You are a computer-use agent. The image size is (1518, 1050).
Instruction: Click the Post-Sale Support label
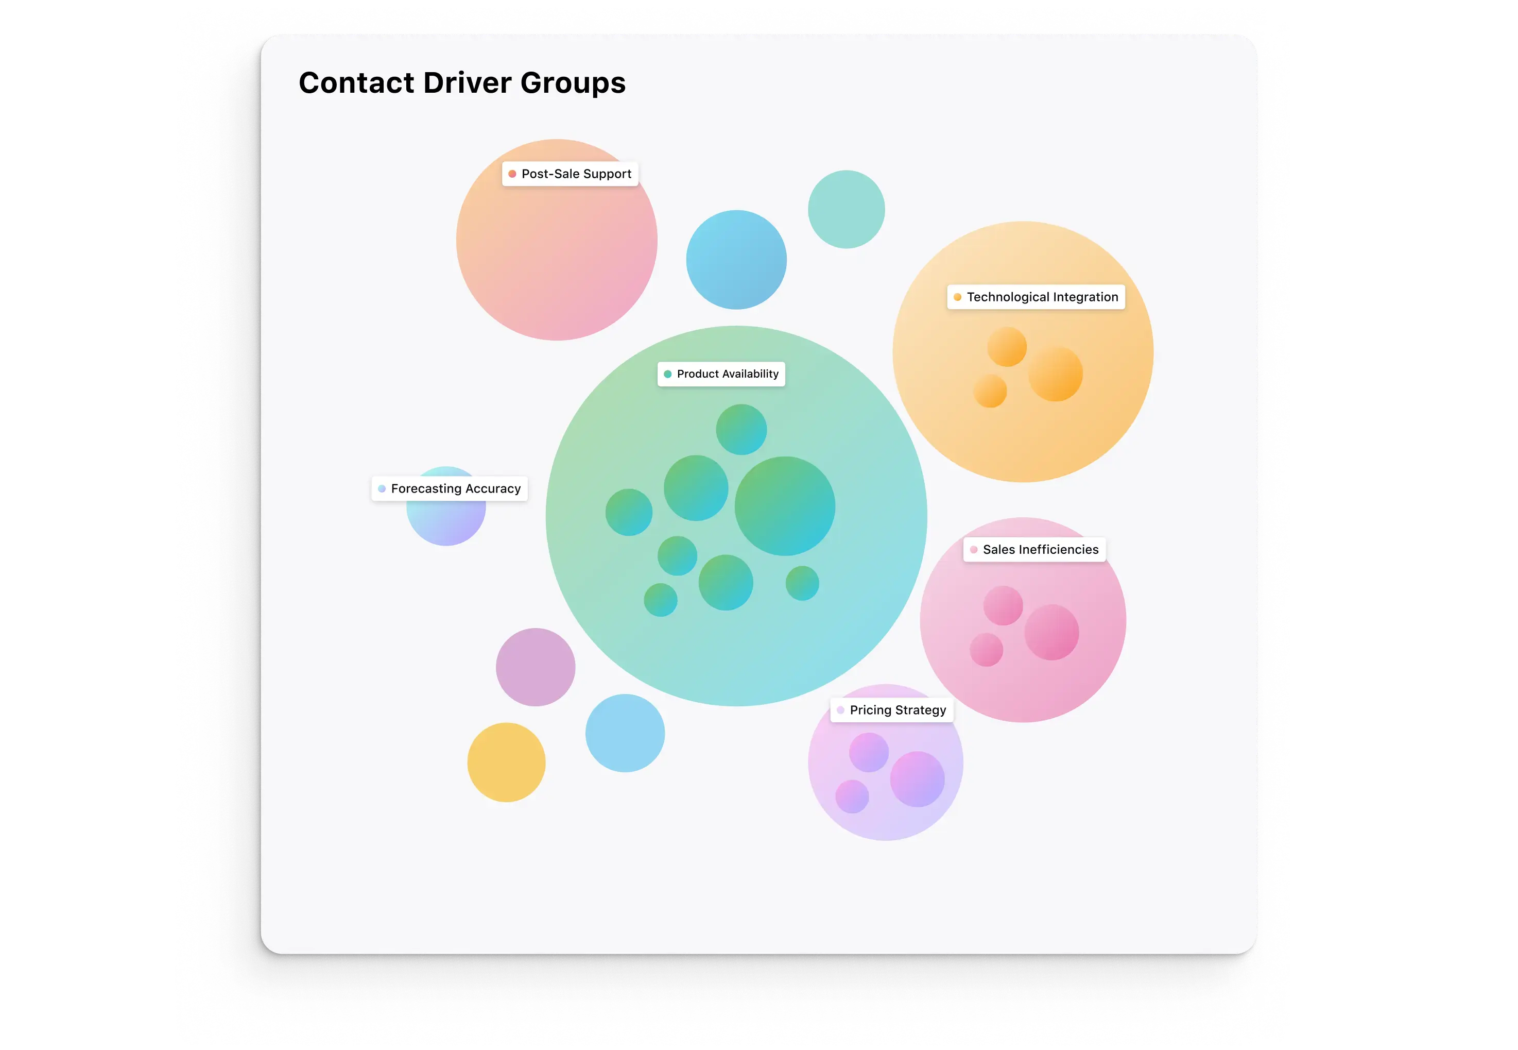pyautogui.click(x=570, y=174)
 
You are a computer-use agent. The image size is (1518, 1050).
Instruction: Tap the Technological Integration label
pyautogui.click(x=1036, y=297)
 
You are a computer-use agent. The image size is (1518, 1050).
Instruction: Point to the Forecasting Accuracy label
pyautogui.click(x=449, y=488)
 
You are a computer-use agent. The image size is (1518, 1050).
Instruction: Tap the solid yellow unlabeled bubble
pyautogui.click(x=506, y=762)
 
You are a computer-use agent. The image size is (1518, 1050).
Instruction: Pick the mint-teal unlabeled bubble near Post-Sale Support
pyautogui.click(x=846, y=209)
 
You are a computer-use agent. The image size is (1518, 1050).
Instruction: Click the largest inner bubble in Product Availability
pyautogui.click(x=784, y=506)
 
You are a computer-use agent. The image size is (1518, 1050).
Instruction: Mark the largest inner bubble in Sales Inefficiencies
pyautogui.click(x=1051, y=632)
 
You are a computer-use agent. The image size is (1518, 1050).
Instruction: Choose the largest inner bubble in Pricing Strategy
pyautogui.click(x=917, y=779)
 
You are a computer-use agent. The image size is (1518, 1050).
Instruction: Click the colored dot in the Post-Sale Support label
pyautogui.click(x=512, y=174)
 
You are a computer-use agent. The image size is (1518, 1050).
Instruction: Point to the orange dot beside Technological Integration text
pyautogui.click(x=957, y=297)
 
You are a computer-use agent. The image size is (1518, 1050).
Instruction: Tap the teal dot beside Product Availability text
pyautogui.click(x=667, y=374)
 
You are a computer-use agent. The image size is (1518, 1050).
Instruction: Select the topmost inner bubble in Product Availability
pyautogui.click(x=741, y=430)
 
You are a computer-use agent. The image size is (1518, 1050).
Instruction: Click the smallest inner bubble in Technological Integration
pyautogui.click(x=990, y=391)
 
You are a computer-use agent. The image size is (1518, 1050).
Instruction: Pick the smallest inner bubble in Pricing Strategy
pyautogui.click(x=852, y=796)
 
